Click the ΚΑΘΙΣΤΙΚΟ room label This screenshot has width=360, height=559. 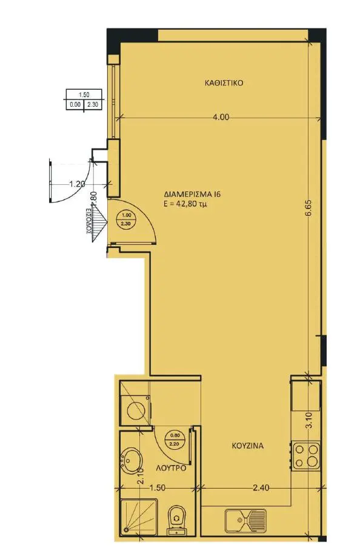click(224, 83)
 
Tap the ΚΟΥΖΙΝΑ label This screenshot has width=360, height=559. click(248, 446)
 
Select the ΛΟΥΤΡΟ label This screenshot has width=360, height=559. click(171, 468)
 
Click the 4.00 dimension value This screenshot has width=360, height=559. click(221, 117)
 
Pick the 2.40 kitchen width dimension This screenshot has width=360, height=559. click(261, 487)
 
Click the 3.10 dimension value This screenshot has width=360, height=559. click(309, 420)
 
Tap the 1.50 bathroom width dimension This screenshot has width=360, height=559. click(157, 487)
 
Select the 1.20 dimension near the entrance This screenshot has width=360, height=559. click(76, 184)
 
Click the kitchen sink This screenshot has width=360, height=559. click(245, 520)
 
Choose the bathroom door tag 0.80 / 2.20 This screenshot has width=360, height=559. click(175, 439)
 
